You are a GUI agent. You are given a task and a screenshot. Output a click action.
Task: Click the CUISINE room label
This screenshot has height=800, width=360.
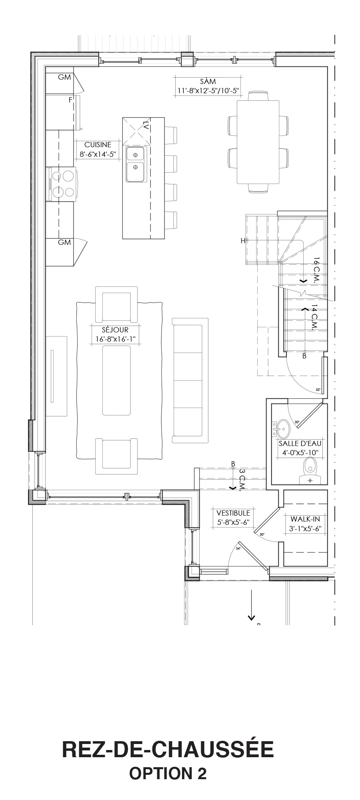pyautogui.click(x=98, y=145)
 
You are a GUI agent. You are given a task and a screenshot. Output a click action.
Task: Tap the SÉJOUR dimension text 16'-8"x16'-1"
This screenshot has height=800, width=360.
pyautogui.click(x=116, y=339)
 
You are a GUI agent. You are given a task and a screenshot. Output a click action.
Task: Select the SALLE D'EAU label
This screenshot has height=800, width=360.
pyautogui.click(x=300, y=443)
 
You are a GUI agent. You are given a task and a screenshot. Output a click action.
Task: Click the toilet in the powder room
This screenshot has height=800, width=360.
pyautogui.click(x=310, y=471)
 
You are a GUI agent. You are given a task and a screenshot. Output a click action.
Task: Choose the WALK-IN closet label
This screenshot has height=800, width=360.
pyautogui.click(x=305, y=519)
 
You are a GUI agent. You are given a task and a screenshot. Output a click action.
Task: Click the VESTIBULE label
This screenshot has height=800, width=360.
pyautogui.click(x=233, y=513)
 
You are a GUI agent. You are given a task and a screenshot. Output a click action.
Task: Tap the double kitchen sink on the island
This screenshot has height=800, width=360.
pyautogui.click(x=136, y=164)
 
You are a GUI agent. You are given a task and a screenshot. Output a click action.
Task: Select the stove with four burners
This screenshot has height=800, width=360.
pyautogui.click(x=62, y=184)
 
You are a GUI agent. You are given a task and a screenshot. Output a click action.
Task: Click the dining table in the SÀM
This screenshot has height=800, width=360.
pyautogui.click(x=258, y=142)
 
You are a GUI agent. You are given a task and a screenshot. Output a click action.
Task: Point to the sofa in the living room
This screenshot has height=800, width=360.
pyautogui.click(x=190, y=380)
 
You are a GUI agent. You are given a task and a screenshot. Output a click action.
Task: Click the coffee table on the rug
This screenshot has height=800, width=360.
pyautogui.click(x=116, y=380)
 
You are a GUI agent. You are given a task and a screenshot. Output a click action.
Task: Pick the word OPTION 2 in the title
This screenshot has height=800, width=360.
pyautogui.click(x=168, y=773)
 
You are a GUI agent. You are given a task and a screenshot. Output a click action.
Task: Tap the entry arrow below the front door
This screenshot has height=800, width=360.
pyautogui.click(x=251, y=605)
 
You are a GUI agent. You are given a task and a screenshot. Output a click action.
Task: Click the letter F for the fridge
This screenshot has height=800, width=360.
pyautogui.click(x=70, y=100)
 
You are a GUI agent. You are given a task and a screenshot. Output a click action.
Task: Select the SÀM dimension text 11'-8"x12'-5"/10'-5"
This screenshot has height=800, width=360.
pyautogui.click(x=208, y=91)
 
